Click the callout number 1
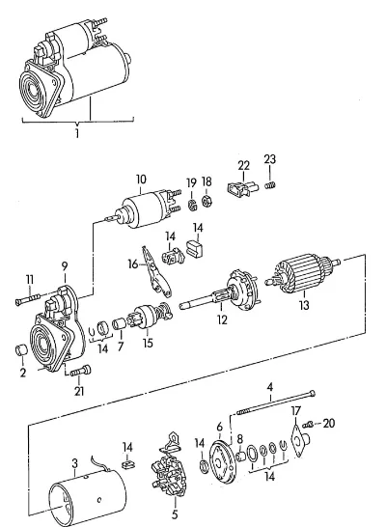(x=77, y=133)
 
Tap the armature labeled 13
(x=302, y=274)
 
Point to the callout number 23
(x=270, y=159)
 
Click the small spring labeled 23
(x=270, y=184)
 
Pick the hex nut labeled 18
(x=207, y=201)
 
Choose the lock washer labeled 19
(x=191, y=205)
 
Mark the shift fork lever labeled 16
(x=155, y=272)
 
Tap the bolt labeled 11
(x=28, y=299)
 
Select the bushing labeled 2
(x=21, y=350)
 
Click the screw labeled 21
(x=81, y=371)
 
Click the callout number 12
(x=222, y=319)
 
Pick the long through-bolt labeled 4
(x=276, y=402)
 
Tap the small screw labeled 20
(x=308, y=425)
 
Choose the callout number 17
(x=295, y=411)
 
